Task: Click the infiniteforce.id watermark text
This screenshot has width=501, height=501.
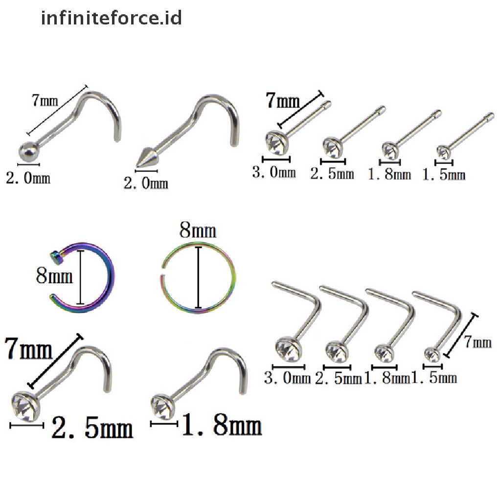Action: tap(112, 18)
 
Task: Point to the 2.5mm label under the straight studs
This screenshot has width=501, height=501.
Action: tap(332, 173)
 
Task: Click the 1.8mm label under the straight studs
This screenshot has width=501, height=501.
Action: tap(389, 174)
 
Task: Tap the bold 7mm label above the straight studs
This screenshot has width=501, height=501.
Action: tap(283, 102)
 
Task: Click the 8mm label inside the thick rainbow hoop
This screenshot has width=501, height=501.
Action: tap(54, 277)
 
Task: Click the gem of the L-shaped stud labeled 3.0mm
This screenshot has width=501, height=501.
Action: tap(286, 348)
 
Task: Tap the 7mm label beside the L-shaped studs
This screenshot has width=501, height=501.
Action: tap(478, 342)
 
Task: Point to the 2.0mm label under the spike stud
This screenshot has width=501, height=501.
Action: tap(145, 183)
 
